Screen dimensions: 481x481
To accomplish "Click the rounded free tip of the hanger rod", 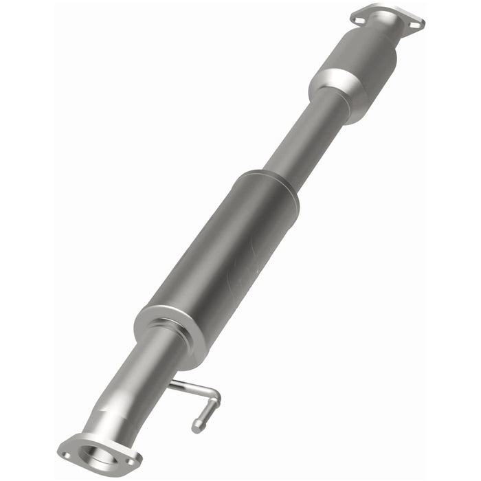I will pyautogui.click(x=198, y=427).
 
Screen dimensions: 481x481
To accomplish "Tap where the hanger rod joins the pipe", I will pyautogui.click(x=172, y=384).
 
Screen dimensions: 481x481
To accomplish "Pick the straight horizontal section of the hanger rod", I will pyautogui.click(x=192, y=388).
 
